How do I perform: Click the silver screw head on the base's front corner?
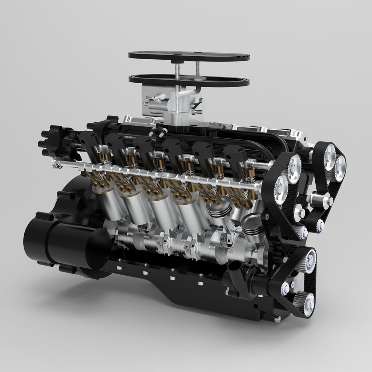coord(278,319)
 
